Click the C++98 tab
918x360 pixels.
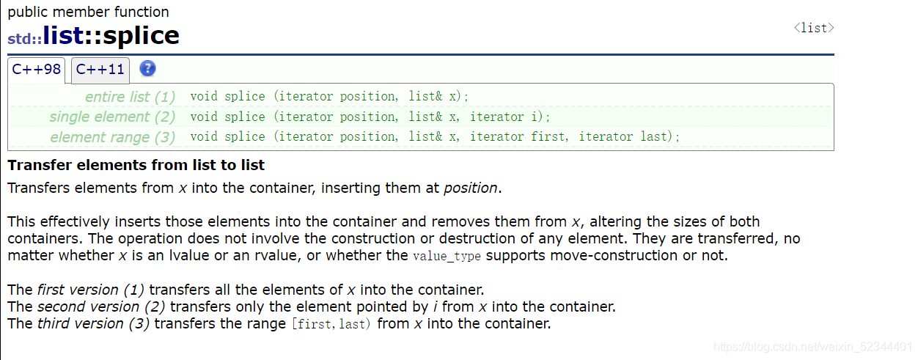[36, 70]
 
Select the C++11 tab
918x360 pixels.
[100, 70]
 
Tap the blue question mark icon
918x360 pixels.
[147, 68]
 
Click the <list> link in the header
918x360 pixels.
[814, 28]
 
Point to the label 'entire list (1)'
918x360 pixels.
[130, 97]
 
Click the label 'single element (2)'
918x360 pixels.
[112, 117]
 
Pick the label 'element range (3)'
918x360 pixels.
[113, 137]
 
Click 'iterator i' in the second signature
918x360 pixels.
[504, 117]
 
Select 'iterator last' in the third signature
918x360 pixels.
[623, 136]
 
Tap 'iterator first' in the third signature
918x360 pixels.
[517, 136]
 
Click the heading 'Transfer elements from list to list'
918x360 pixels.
[136, 165]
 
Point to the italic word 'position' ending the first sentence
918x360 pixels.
[471, 188]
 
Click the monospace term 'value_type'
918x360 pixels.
[447, 257]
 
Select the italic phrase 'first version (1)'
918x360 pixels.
[91, 290]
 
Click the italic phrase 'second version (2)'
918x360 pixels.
[101, 306]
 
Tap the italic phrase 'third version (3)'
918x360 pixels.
[93, 323]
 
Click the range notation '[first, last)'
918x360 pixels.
[331, 324]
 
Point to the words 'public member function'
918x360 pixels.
[88, 12]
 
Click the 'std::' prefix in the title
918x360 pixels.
[25, 39]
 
